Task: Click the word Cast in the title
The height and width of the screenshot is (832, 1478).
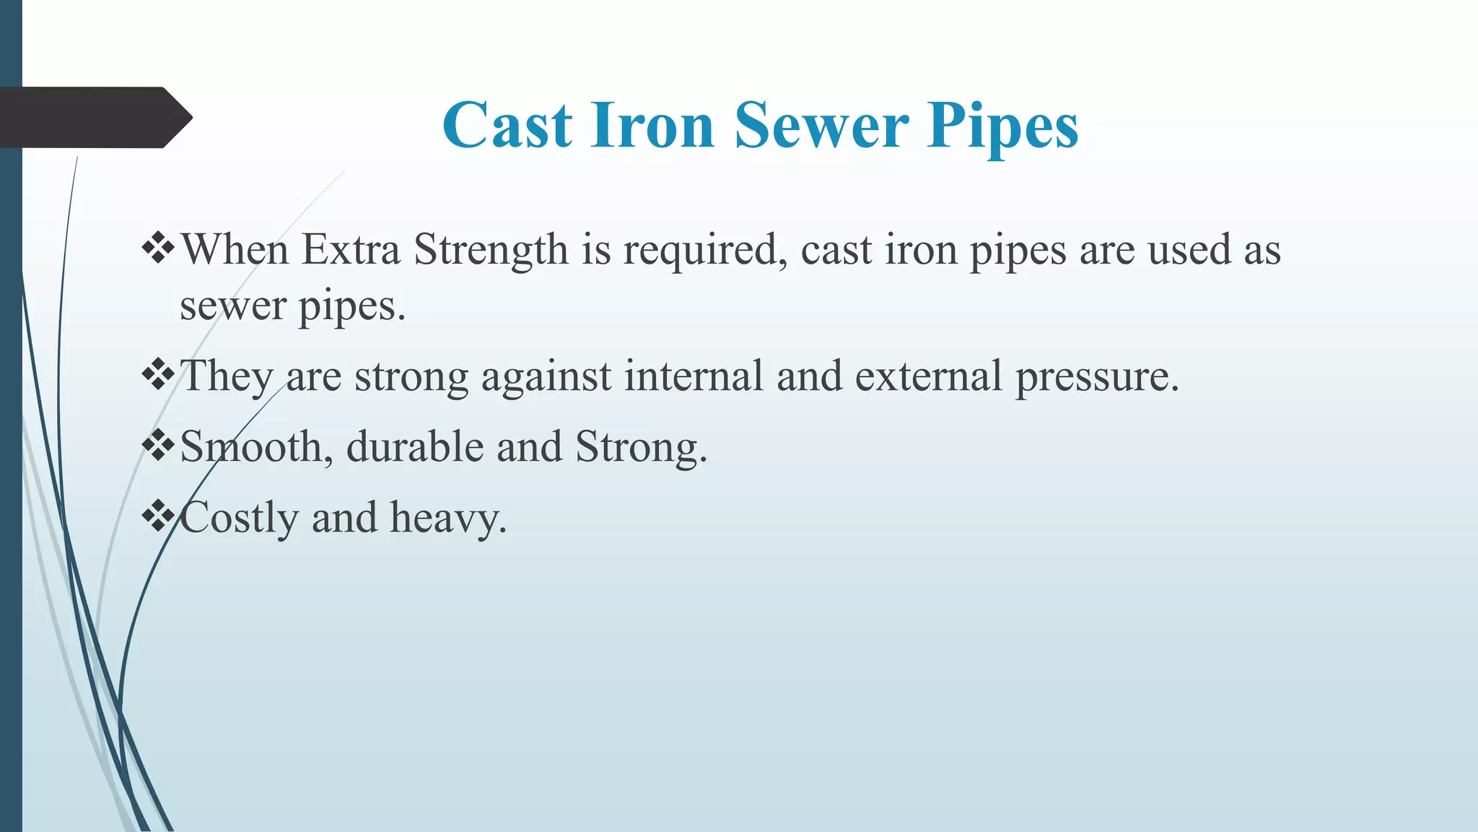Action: [507, 126]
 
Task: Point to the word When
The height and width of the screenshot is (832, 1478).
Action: [235, 250]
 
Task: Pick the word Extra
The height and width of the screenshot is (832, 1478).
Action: [350, 250]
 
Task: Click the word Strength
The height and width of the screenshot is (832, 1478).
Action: [491, 251]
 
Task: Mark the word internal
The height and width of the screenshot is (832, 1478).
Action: [694, 376]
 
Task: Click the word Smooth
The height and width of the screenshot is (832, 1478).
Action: [255, 447]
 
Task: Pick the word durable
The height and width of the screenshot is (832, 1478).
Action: [414, 447]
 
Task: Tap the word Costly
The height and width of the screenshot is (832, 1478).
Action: [239, 519]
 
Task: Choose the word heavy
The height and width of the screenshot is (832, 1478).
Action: [448, 519]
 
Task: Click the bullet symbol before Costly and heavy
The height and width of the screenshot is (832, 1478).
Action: [158, 516]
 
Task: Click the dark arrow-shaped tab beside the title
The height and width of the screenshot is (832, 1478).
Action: [94, 118]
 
